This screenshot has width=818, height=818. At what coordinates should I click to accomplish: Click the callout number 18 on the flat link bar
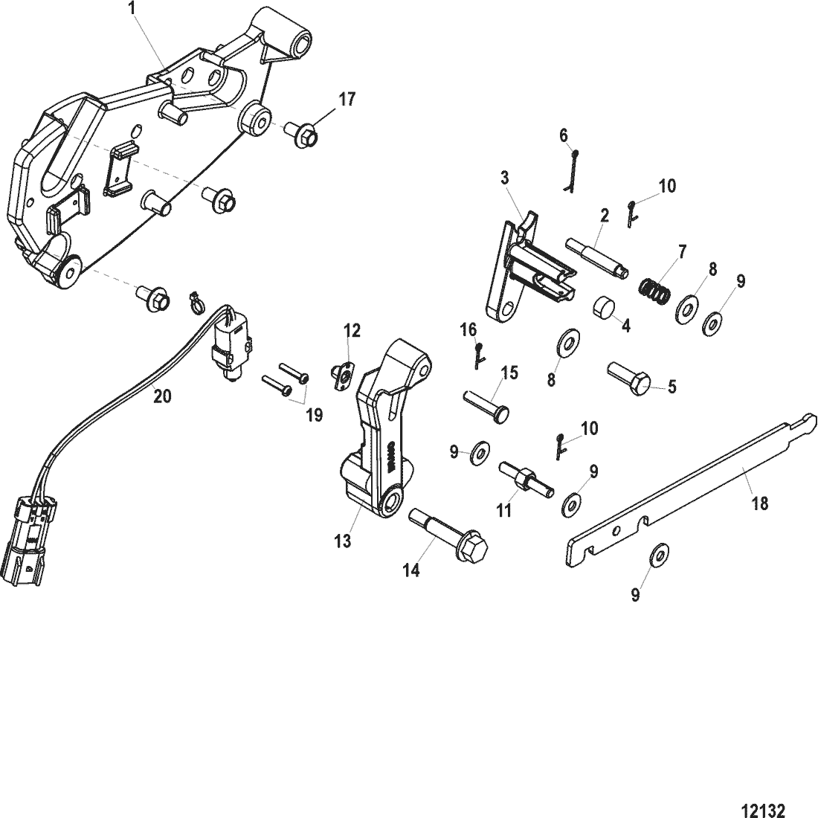coord(759,503)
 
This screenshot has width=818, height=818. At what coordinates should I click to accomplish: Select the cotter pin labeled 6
coord(571,170)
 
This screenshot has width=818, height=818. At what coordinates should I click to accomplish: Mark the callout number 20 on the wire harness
coord(162,396)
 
